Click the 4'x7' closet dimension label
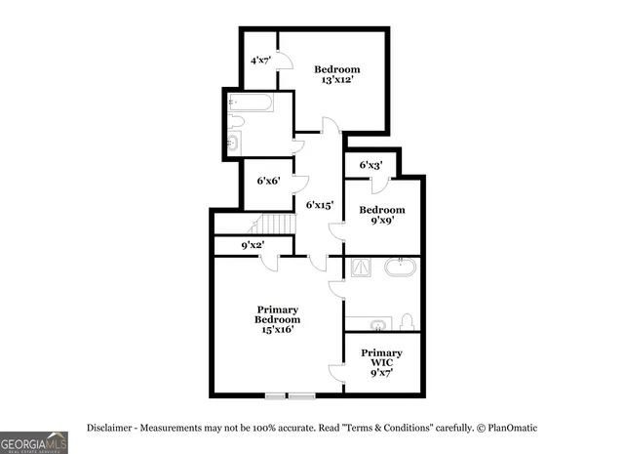pyautogui.click(x=260, y=61)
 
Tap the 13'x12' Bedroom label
pyautogui.click(x=336, y=74)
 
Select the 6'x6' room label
pyautogui.click(x=267, y=181)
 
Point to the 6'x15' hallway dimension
pyautogui.click(x=320, y=205)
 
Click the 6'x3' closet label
pyautogui.click(x=370, y=165)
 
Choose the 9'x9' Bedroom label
pyautogui.click(x=381, y=216)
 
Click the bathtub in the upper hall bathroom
pyautogui.click(x=255, y=103)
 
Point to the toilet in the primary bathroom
pyautogui.click(x=408, y=322)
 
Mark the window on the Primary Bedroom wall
pyautogui.click(x=289, y=395)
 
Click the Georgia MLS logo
pyautogui.click(x=34, y=441)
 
